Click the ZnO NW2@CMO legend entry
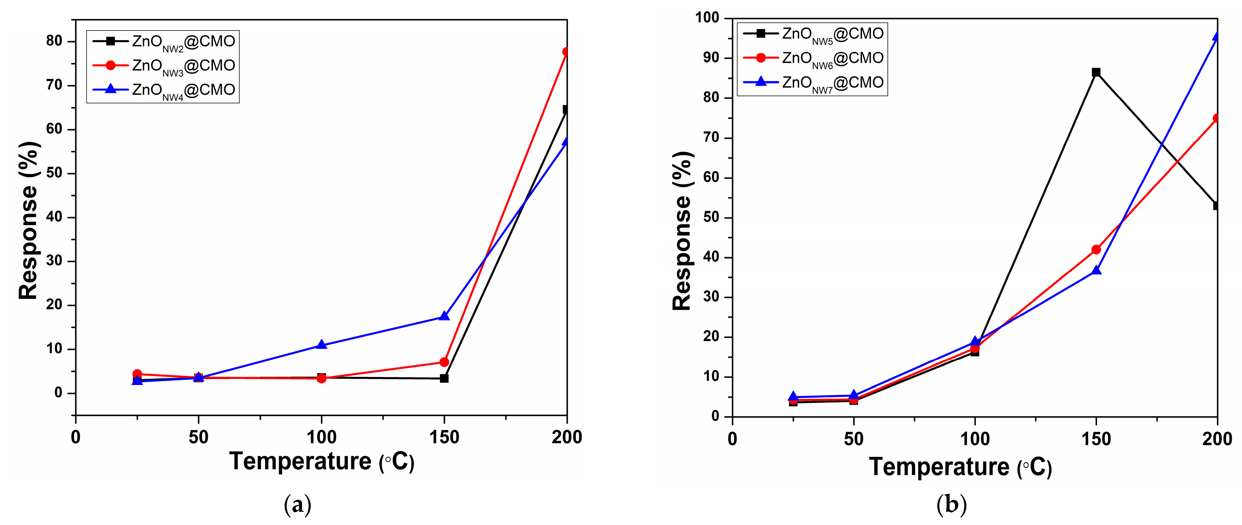click(164, 41)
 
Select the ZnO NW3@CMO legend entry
click(164, 66)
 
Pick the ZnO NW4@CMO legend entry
click(164, 90)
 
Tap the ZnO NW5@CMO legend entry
click(813, 34)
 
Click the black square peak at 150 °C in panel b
click(1096, 72)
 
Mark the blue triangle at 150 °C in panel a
click(444, 316)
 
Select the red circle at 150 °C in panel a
click(444, 362)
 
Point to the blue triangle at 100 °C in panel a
click(322, 345)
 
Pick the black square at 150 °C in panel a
click(444, 378)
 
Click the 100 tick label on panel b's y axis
click(707, 18)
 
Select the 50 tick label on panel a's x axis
click(198, 437)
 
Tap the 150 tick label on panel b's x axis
click(1096, 439)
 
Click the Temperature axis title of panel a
click(322, 462)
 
